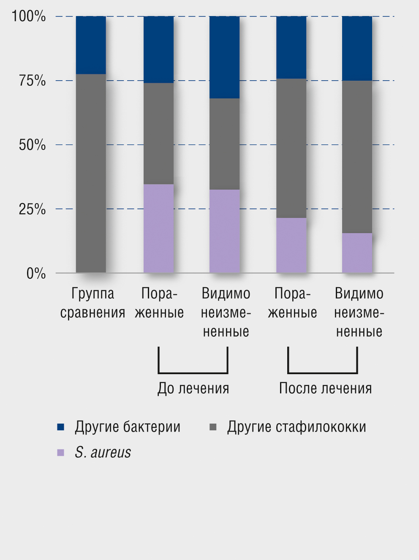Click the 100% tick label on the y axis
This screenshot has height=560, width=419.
29,16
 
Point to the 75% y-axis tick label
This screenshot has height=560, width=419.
32,81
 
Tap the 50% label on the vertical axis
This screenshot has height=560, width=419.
32,145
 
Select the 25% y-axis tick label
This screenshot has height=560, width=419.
32,209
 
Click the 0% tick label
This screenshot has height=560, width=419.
36,273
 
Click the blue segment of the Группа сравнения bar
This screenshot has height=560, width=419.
91,45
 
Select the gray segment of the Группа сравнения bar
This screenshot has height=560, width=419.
91,173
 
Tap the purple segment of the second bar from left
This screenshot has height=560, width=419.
158,228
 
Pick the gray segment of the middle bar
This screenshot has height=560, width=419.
225,144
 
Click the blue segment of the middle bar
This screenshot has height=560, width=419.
225,57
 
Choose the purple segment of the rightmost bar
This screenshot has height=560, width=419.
357,253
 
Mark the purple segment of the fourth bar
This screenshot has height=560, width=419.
291,245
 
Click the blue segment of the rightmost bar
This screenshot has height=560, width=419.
357,48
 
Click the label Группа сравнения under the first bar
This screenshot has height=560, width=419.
93,303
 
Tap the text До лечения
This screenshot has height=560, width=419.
193,388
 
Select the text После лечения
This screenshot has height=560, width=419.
325,388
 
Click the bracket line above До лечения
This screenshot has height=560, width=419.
193,373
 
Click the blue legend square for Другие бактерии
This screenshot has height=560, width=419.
61,427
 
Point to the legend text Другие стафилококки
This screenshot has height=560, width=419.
297,427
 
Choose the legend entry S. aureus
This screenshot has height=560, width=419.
103,452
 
